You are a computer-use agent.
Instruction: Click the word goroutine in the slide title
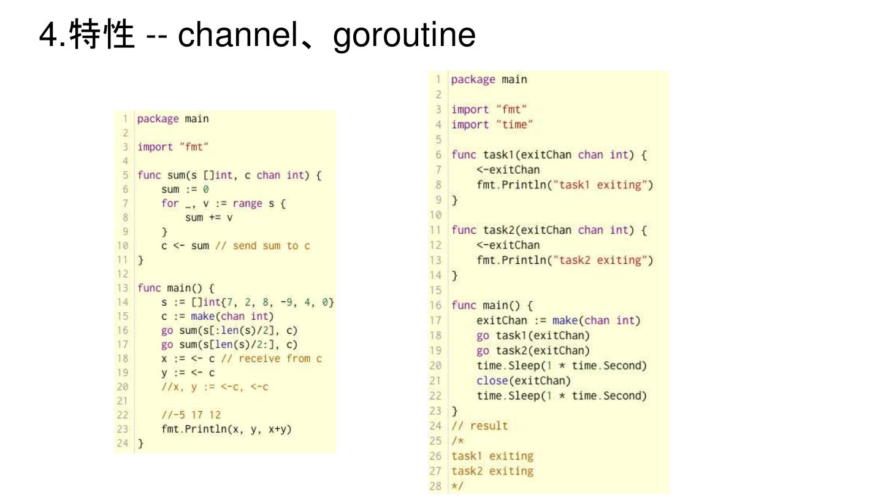pyautogui.click(x=404, y=35)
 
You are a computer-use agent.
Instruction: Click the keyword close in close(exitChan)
pyautogui.click(x=492, y=380)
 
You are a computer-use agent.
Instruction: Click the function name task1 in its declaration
pyautogui.click(x=498, y=155)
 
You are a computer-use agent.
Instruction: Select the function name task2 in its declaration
pyautogui.click(x=498, y=230)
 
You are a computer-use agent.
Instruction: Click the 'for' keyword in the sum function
pyautogui.click(x=170, y=204)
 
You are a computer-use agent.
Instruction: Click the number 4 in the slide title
pyautogui.click(x=47, y=35)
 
